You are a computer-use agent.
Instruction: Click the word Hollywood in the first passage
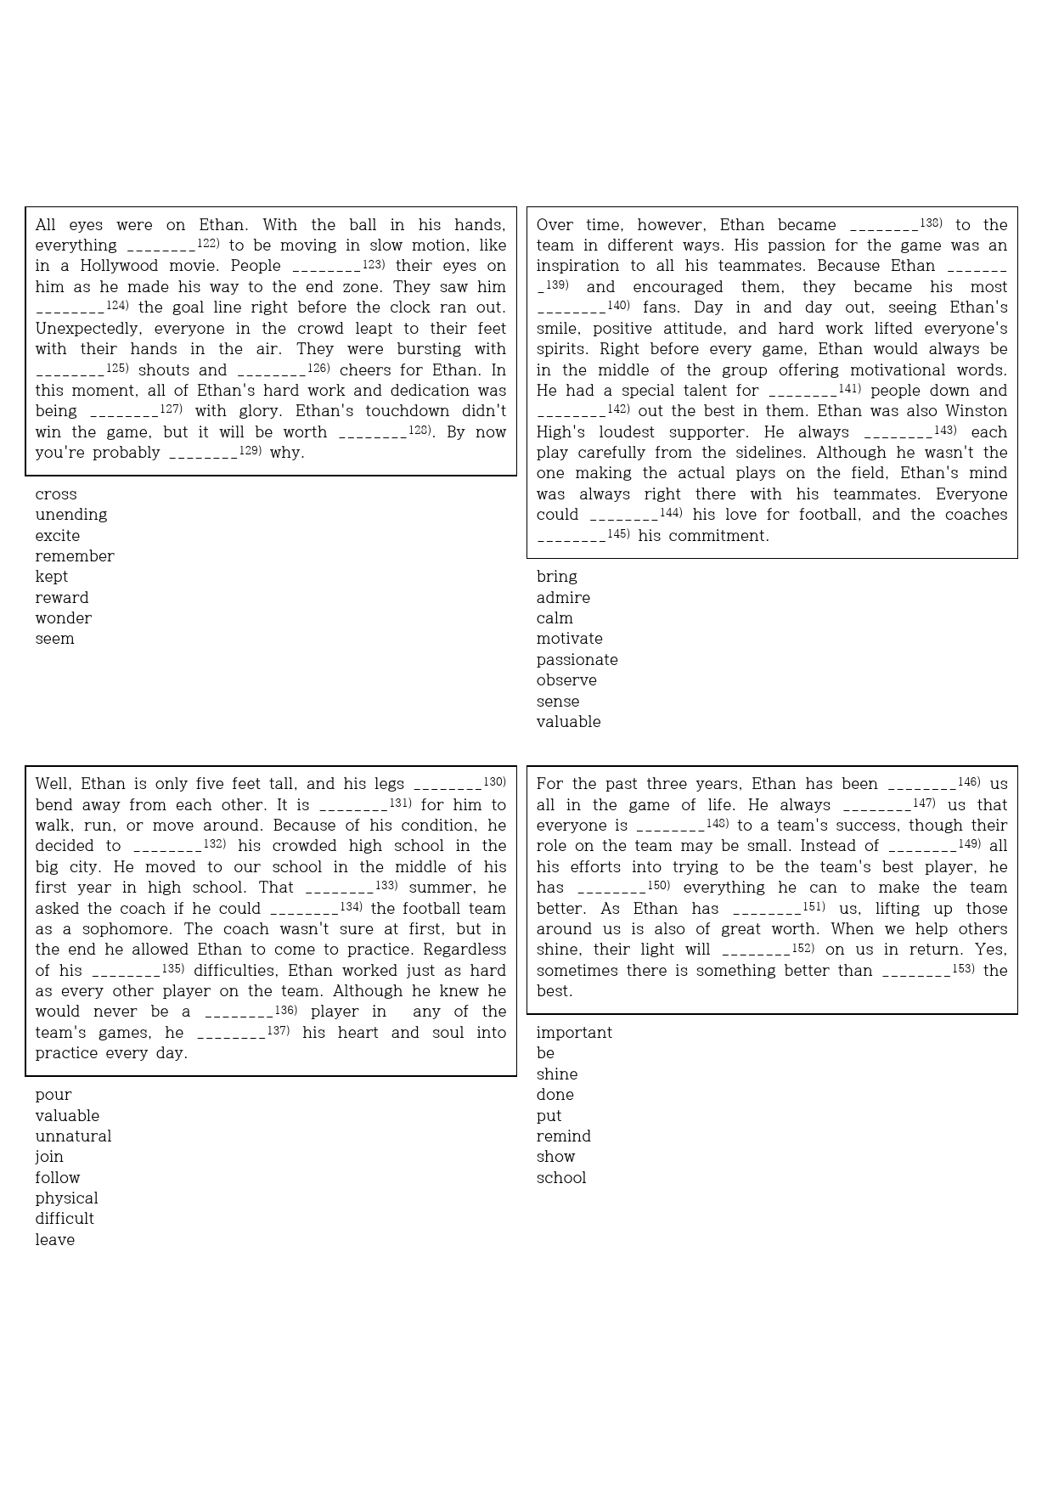(119, 266)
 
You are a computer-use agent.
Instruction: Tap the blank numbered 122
(161, 247)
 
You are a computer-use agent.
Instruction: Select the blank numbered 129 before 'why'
(203, 454)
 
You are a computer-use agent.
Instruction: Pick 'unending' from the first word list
(71, 515)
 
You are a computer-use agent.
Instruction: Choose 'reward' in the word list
(62, 598)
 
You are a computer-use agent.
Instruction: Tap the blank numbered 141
(802, 392)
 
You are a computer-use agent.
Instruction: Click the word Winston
(977, 411)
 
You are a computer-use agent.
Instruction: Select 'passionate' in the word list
(577, 660)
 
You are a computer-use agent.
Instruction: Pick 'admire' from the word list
(563, 598)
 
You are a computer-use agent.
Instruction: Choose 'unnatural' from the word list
(73, 1136)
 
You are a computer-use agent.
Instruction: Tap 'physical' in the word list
(66, 1198)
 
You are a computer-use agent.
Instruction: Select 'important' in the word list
(574, 1033)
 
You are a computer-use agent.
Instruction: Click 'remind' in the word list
(564, 1136)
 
